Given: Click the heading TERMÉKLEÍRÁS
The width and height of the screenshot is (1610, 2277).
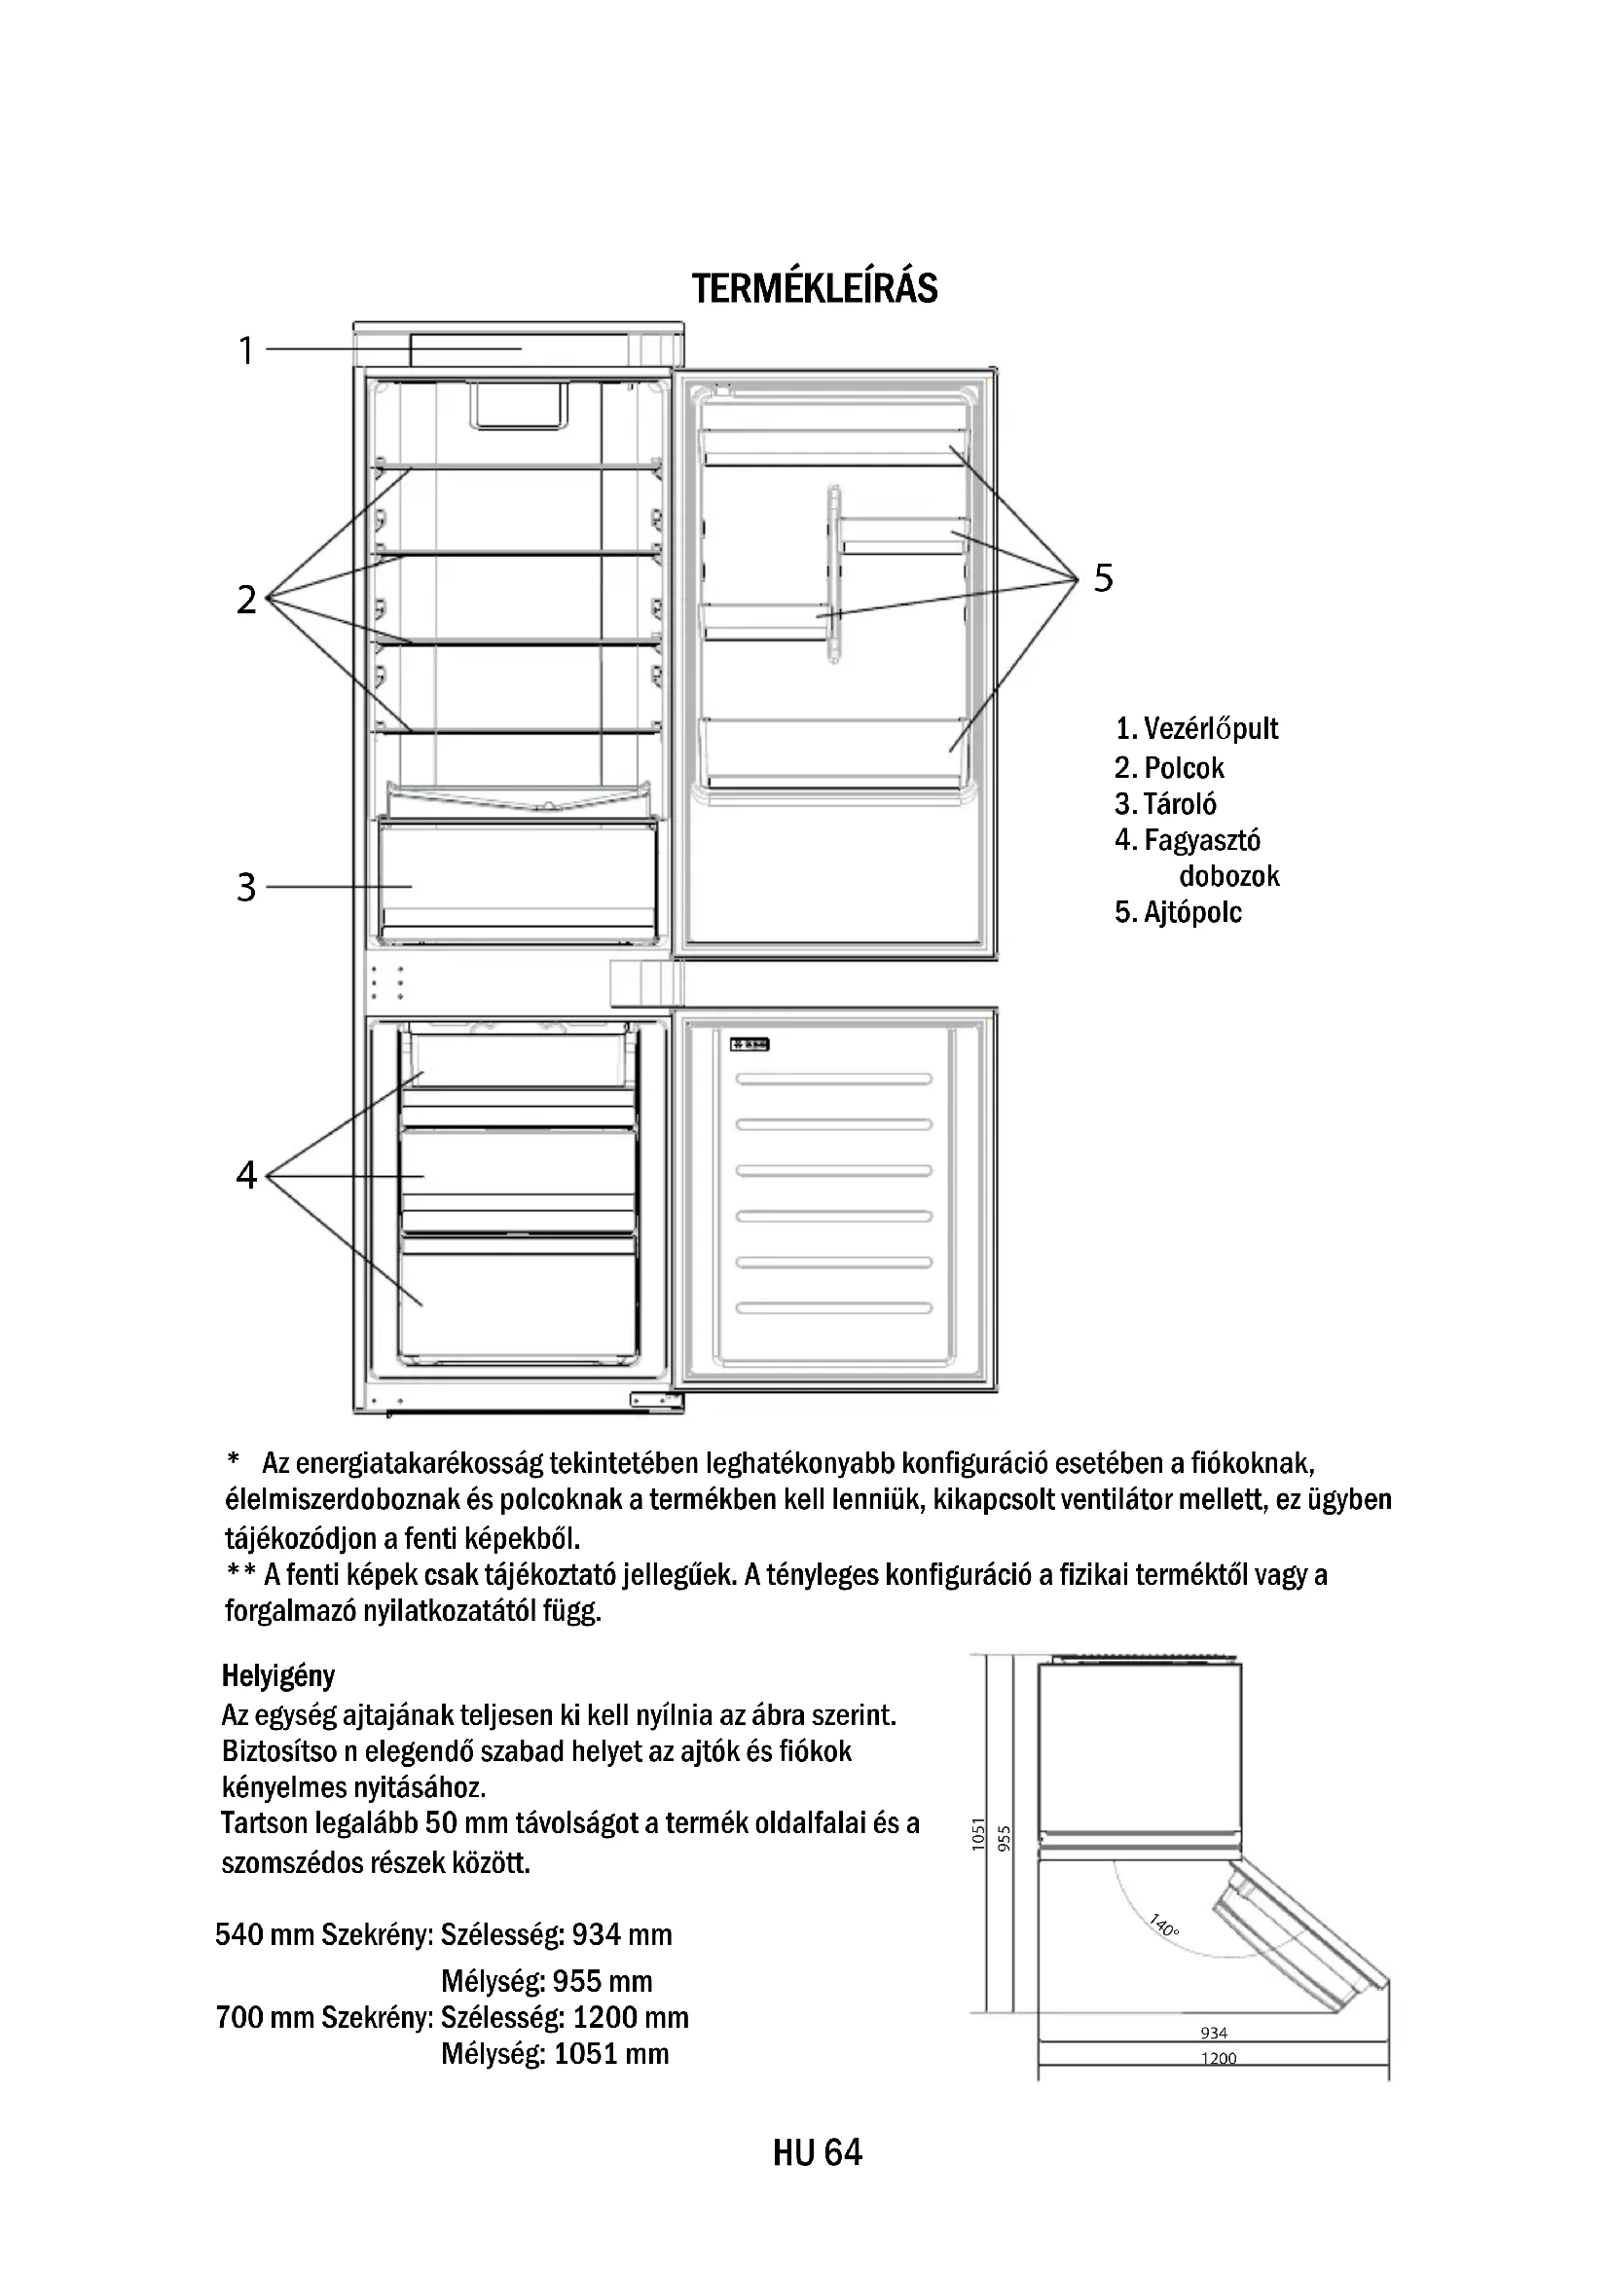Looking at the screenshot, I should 814,287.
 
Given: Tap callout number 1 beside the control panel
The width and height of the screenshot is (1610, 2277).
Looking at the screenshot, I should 246,351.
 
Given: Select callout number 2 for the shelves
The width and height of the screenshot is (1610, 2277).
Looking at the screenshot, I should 246,599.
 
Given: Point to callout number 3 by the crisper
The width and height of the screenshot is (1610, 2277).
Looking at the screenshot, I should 246,887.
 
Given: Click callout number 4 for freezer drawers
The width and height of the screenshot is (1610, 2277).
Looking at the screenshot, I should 246,1175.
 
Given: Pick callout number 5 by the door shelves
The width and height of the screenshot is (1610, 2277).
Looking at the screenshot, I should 1104,577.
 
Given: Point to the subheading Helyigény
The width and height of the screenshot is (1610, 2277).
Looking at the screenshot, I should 278,1676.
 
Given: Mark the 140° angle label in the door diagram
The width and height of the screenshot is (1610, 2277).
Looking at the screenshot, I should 1164,1926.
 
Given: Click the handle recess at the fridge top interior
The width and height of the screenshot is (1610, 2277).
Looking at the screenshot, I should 518,407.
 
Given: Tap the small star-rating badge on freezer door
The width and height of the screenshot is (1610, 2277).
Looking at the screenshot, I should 750,1045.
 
